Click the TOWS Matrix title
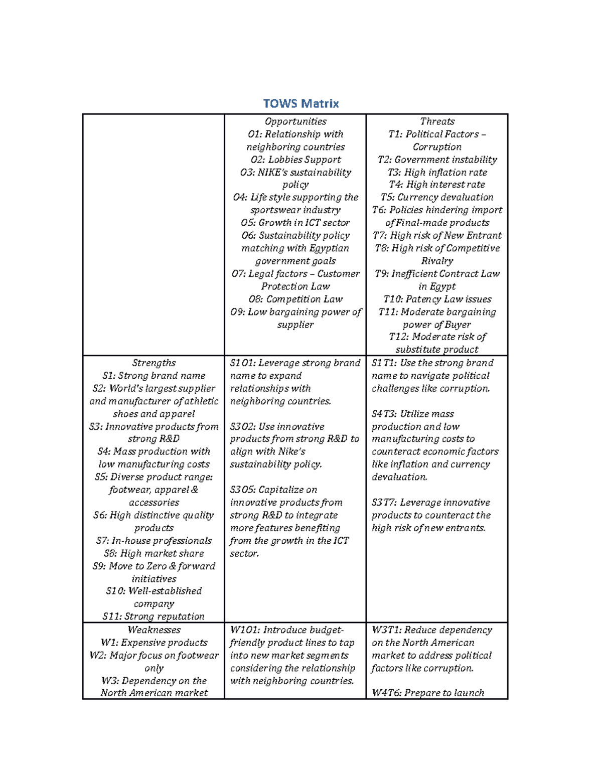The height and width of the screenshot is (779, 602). click(301, 104)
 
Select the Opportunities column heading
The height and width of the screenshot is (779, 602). click(295, 121)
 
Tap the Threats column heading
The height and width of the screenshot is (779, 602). click(437, 121)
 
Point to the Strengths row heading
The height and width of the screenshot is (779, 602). click(154, 363)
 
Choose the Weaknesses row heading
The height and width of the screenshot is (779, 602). click(154, 630)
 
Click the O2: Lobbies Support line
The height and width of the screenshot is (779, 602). click(295, 160)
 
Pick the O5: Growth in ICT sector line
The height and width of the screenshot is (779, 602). click(295, 223)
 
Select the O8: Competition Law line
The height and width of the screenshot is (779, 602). click(295, 299)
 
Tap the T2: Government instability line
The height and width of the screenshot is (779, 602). click(437, 160)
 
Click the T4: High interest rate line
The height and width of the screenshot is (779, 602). click(437, 185)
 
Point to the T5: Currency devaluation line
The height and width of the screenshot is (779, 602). click(437, 197)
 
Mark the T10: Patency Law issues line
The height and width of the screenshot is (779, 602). click(437, 299)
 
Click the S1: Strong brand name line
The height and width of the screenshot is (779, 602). click(154, 376)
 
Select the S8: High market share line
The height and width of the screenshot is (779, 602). click(154, 553)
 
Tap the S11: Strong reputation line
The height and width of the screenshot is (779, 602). click(154, 616)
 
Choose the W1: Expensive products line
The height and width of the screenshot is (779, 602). click(154, 643)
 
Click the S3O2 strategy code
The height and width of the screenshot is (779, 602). click(242, 427)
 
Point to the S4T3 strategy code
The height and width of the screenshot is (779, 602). click(384, 414)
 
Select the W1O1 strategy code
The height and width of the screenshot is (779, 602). click(244, 630)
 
